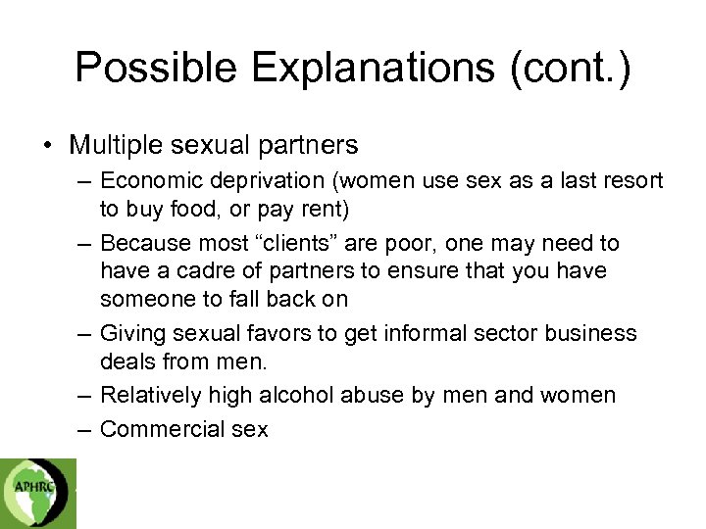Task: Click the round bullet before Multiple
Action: (47, 147)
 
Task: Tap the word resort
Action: (633, 181)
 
